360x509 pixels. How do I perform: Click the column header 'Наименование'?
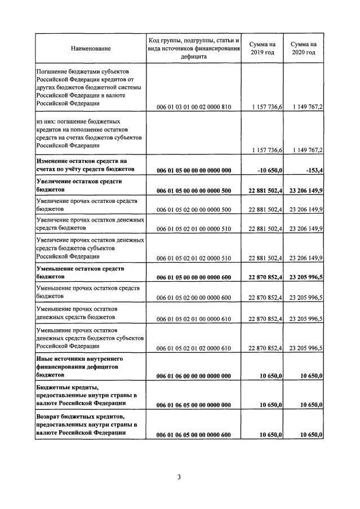[x=91, y=48]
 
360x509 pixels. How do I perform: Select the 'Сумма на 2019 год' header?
[x=262, y=48]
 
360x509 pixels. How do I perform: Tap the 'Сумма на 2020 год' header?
[x=304, y=48]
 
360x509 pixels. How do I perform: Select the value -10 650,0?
[x=268, y=170]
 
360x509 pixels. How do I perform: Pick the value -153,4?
[x=312, y=170]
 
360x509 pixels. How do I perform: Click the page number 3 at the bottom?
[x=179, y=478]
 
